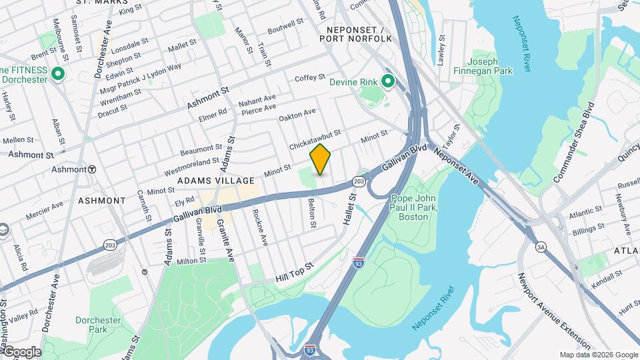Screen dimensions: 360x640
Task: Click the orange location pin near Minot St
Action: pyautogui.click(x=321, y=159)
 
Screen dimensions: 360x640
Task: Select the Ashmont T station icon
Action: pyautogui.click(x=92, y=169)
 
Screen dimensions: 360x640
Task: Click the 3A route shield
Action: pyautogui.click(x=541, y=247)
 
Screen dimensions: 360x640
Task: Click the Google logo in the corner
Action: pyautogui.click(x=21, y=352)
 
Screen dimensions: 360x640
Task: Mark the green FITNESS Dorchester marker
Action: pyautogui.click(x=58, y=74)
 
